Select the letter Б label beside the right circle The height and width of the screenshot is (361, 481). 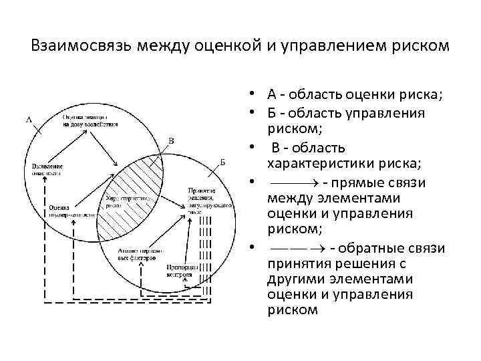click(x=222, y=162)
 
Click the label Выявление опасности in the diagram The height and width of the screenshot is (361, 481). click(x=43, y=168)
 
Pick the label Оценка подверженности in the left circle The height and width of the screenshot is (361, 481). click(x=65, y=211)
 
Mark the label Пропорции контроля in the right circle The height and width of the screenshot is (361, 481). click(x=180, y=269)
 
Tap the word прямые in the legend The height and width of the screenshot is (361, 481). click(x=361, y=183)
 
